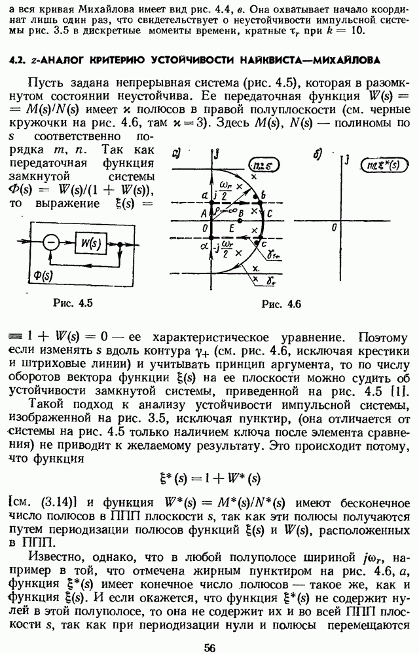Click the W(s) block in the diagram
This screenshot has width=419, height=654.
pos(91,243)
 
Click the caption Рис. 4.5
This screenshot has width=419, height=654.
pos(73,303)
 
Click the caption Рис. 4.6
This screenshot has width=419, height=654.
pos(281,304)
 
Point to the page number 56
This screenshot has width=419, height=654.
pos(210,647)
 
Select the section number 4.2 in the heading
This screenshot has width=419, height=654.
pos(16,60)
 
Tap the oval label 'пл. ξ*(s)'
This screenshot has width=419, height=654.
pos(382,165)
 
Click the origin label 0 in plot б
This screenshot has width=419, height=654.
pos(334,227)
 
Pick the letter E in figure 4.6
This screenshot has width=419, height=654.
pos(232,228)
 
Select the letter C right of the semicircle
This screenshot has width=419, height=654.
pos(270,214)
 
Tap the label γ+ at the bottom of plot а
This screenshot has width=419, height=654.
pos(270,281)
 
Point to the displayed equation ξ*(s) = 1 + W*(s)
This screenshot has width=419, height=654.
pos(209,478)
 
